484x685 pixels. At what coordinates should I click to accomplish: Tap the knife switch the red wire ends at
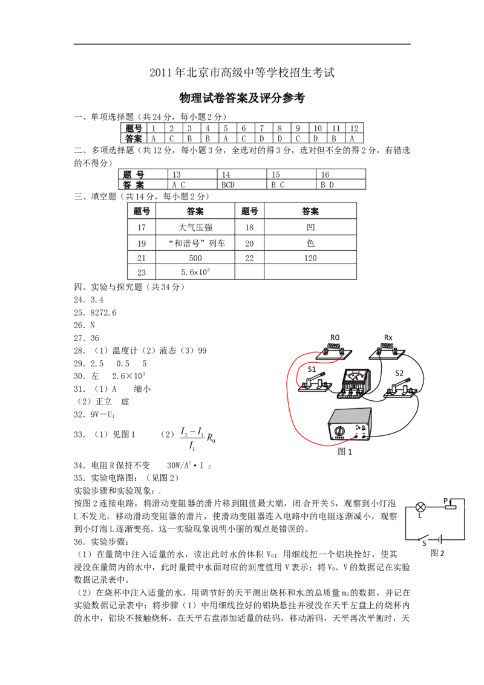tap(314, 385)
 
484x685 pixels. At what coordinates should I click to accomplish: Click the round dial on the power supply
tap(340, 430)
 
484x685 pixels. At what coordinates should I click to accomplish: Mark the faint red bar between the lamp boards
tap(356, 366)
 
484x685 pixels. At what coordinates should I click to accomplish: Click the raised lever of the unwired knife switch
tap(402, 383)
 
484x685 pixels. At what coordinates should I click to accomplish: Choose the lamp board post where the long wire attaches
tap(327, 349)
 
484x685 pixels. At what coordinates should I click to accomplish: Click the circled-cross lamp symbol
tap(420, 507)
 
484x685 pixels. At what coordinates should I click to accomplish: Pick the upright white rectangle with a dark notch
tap(440, 539)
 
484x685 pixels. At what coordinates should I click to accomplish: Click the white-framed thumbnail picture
tap(196, 438)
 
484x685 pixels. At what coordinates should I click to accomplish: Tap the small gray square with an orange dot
tap(160, 493)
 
